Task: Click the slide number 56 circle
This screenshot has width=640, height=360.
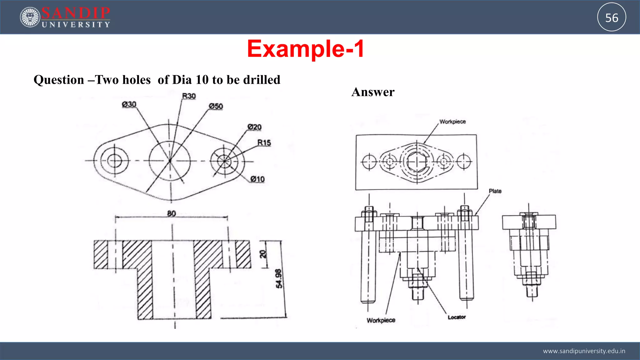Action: coord(611,17)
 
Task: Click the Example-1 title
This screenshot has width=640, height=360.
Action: coord(305,49)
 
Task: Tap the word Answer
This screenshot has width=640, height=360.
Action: coord(373,92)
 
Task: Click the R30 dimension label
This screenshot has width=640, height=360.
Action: coord(189,96)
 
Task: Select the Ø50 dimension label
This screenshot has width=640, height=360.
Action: coord(216,106)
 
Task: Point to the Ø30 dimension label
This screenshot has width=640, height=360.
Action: coord(129,104)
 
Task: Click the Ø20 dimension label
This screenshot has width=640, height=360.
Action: coord(254,127)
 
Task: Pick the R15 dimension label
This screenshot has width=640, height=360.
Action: coord(264,143)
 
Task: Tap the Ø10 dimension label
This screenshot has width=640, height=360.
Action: coord(257,179)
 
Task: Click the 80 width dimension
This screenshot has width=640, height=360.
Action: coord(172,213)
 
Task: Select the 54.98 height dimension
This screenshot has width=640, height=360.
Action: coord(279,278)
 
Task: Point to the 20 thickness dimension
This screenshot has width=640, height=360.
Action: coord(263,254)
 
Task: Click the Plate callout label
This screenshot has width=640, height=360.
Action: coord(495,191)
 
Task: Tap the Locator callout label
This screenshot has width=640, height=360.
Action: coord(457,317)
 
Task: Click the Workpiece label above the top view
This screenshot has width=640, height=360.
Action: coord(452,122)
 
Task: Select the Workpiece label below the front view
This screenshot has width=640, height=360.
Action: coord(381,320)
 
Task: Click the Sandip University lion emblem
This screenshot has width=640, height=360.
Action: coord(30,17)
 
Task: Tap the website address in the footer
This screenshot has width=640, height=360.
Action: coord(584,351)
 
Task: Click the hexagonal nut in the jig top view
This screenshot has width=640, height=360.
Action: coord(417,162)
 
